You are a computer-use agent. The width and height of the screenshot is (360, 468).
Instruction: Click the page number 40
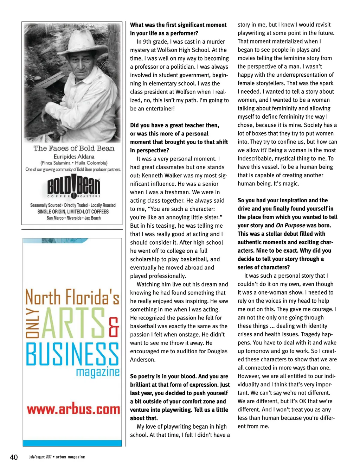click(14, 457)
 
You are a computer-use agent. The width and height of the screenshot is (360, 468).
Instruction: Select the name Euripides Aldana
click(74, 157)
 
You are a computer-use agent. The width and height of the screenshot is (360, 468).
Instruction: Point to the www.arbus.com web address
click(73, 409)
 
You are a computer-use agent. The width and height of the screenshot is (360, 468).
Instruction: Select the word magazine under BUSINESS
click(98, 372)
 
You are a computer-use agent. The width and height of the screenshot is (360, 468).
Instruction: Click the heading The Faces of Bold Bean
click(74, 148)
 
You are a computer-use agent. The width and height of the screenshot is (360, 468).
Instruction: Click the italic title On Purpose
click(290, 225)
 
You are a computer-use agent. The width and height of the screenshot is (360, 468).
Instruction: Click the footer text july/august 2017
click(40, 457)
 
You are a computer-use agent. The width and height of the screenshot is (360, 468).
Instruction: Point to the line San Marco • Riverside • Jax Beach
click(74, 218)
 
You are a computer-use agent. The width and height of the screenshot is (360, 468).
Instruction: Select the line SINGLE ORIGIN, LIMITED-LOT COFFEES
click(73, 211)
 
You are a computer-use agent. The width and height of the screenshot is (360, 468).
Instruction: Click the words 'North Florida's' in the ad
click(72, 297)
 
